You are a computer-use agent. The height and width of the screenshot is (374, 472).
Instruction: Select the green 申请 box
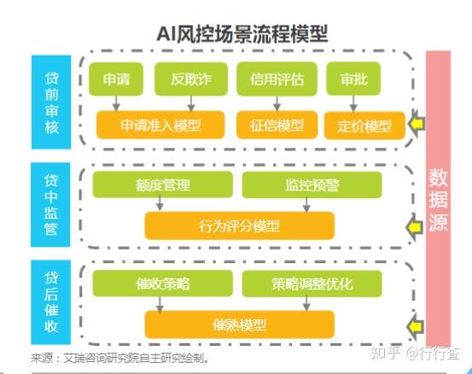click(x=117, y=80)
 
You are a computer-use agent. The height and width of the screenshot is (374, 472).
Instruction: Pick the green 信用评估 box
click(x=271, y=80)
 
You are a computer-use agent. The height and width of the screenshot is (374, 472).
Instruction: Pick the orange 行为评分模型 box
click(x=240, y=225)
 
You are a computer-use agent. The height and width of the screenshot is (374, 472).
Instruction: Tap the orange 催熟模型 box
click(x=240, y=324)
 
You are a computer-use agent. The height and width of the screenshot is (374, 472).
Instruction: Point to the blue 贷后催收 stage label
click(x=52, y=299)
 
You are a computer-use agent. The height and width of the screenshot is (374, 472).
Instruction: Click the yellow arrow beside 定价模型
click(x=416, y=126)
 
